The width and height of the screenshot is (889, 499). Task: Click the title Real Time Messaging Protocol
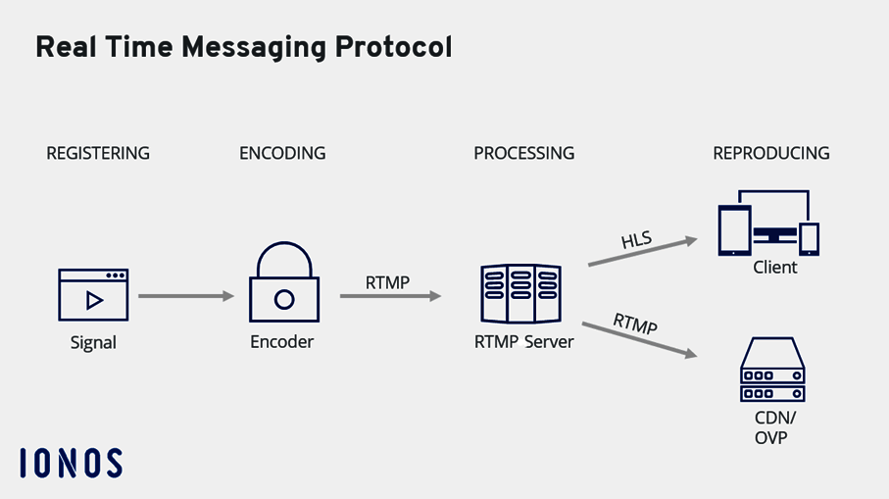(243, 47)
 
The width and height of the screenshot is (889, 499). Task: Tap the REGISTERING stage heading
(98, 153)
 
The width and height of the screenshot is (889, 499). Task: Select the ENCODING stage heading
(282, 153)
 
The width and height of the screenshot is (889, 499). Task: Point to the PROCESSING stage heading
(523, 153)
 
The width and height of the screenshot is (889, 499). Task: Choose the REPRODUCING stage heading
(770, 153)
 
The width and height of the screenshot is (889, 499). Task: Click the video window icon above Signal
(93, 296)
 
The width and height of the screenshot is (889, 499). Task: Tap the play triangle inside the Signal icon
(94, 300)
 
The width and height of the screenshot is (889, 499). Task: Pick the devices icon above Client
(768, 224)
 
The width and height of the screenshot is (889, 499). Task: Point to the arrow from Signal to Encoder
(186, 295)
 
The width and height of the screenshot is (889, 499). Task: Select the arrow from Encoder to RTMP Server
(390, 295)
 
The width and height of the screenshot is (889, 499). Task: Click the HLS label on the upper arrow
(637, 239)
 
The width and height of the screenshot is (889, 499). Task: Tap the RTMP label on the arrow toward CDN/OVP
(634, 324)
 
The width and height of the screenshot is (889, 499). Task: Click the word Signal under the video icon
(93, 343)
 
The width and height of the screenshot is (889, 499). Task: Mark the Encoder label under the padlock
(282, 342)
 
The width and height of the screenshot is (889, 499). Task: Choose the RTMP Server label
(523, 342)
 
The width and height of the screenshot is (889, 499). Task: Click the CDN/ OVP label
(774, 428)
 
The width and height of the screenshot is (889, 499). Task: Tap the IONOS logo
(71, 463)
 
